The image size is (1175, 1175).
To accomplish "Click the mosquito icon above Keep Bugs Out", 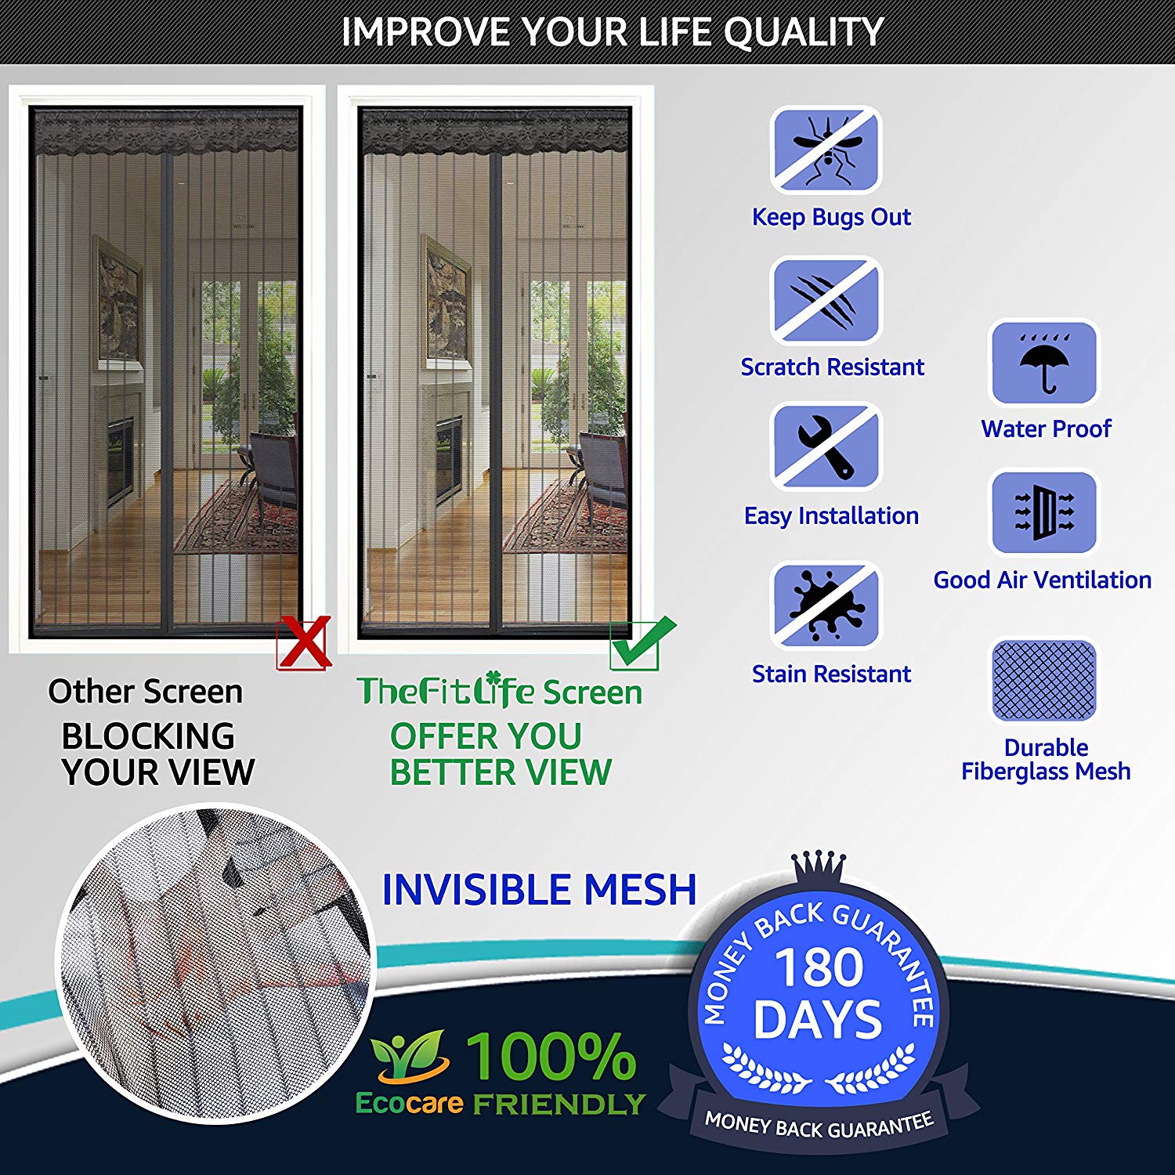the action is (x=826, y=149).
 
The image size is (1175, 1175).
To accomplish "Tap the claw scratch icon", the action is (x=826, y=299).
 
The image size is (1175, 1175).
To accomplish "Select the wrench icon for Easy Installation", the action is (x=826, y=446).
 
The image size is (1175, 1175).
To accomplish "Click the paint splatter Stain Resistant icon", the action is (x=826, y=605).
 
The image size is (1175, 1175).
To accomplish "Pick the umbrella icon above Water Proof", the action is (x=1045, y=362).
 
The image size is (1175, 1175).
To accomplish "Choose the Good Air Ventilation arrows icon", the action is (x=1045, y=512).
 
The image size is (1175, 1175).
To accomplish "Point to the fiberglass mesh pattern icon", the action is (x=1044, y=680).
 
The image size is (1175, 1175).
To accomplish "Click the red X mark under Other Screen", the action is (x=303, y=642).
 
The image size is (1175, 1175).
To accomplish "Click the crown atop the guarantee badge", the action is (x=819, y=869).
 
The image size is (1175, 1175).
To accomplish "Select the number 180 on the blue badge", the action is (x=819, y=967).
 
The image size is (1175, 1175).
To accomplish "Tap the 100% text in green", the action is (x=551, y=1056).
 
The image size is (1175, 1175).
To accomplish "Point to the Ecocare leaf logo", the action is (x=409, y=1056).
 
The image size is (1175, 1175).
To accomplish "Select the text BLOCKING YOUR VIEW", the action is (x=158, y=754).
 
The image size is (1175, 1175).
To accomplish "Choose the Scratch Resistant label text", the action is (x=832, y=367).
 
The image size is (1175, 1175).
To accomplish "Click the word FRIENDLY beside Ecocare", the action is (x=559, y=1104).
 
